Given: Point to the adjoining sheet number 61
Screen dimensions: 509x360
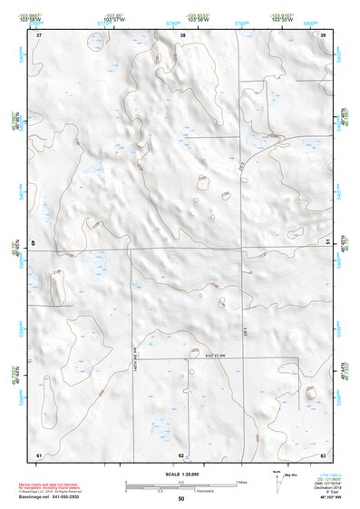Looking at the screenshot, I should [x=39, y=454].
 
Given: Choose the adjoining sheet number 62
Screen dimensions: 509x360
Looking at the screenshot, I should [x=181, y=454].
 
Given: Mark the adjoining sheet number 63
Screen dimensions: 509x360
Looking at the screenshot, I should [x=323, y=454].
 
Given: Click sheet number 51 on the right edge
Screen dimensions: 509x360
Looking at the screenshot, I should [x=326, y=243].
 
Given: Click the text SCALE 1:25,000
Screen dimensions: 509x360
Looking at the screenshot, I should [x=180, y=474].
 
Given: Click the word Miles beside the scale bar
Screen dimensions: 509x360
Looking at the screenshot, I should [x=241, y=481].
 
